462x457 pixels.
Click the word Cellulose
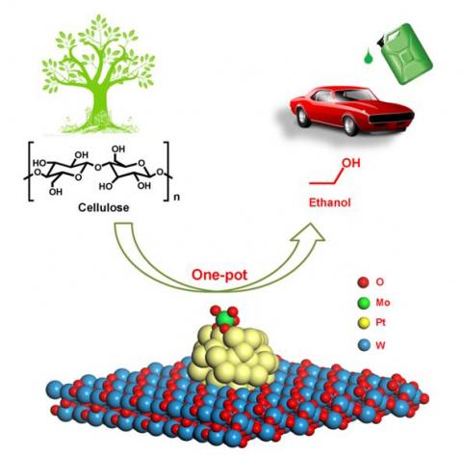click(x=104, y=207)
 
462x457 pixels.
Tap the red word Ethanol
click(x=329, y=202)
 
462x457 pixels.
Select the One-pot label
click(x=219, y=275)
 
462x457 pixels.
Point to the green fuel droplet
click(x=368, y=57)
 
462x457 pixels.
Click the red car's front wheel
click(x=350, y=124)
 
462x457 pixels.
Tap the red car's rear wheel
click(x=302, y=117)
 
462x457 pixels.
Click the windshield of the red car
click(x=357, y=94)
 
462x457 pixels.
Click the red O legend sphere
click(x=363, y=282)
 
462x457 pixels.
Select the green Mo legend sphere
click(x=363, y=303)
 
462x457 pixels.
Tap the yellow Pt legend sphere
click(x=363, y=324)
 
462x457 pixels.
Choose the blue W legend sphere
click(x=363, y=345)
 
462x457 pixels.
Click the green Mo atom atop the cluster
click(x=224, y=319)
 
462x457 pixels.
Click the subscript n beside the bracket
click(x=176, y=197)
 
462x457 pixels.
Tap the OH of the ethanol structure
click(x=351, y=163)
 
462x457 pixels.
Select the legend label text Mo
click(x=383, y=303)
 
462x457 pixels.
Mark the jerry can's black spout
click(x=382, y=41)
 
